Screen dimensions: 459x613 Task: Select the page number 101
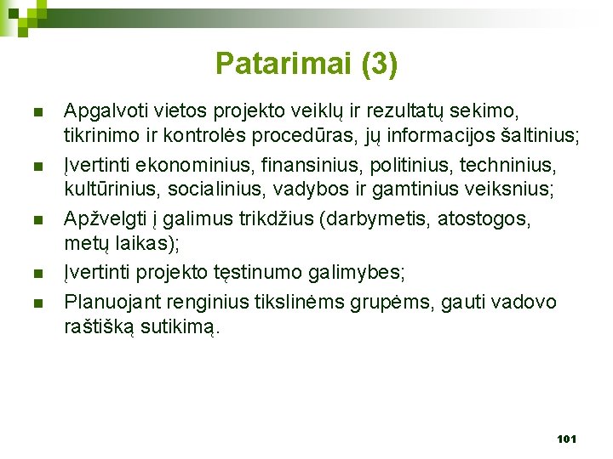[566, 439]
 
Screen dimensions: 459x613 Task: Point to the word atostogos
[483, 218]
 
